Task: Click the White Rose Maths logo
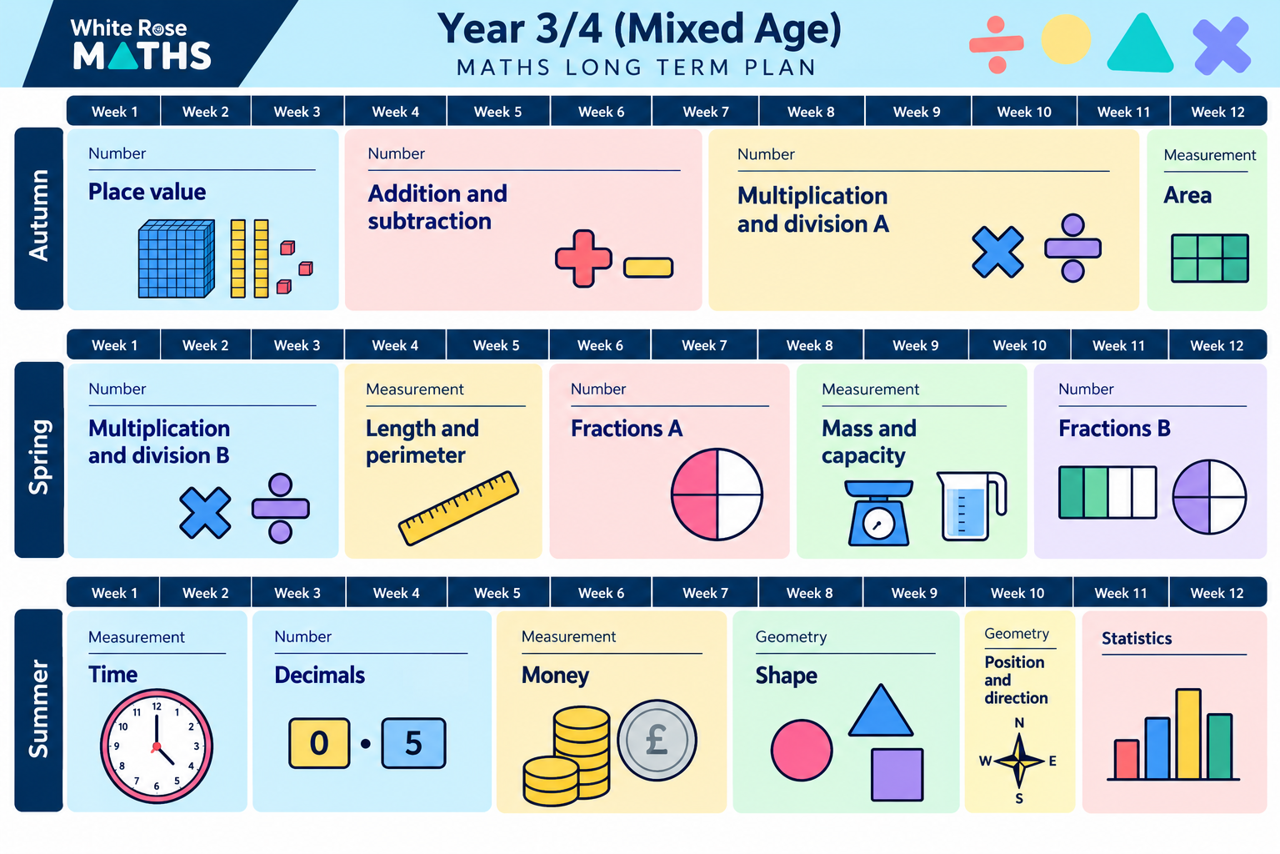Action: coord(141,44)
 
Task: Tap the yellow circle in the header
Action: coord(1067,39)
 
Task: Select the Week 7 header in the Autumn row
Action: coord(706,112)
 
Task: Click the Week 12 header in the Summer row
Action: coord(1217,593)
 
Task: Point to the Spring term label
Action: coord(39,459)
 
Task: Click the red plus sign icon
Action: coord(583,259)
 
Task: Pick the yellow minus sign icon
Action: coord(648,268)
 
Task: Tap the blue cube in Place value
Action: coord(177,259)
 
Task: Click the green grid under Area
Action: coord(1210,258)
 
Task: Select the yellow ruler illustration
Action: coord(459,507)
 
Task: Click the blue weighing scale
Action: coord(878,513)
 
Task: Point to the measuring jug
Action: coord(971,506)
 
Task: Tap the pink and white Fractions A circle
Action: coord(717,495)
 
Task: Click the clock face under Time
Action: coord(157,746)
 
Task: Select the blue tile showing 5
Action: coord(413,743)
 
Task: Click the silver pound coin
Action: coord(657,741)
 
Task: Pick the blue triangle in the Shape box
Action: coord(881,711)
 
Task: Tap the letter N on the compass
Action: coord(1019,723)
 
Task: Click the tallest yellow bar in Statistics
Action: coord(1188,734)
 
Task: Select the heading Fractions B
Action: coord(1114,429)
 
